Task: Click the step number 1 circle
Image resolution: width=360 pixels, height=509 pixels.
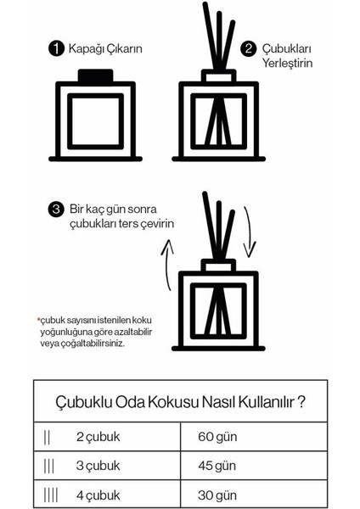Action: point(57,48)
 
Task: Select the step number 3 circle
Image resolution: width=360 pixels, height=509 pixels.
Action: point(57,209)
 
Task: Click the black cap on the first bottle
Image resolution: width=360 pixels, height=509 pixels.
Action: point(95,76)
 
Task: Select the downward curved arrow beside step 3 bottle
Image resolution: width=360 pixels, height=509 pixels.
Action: point(248,232)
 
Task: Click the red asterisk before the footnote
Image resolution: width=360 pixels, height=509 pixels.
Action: point(38,320)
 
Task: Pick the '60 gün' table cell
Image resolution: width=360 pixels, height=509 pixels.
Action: point(218,438)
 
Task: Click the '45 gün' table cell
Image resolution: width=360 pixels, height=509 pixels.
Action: point(218,466)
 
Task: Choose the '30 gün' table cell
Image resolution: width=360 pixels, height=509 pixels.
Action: point(218,493)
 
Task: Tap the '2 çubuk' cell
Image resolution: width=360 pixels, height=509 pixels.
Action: point(100,438)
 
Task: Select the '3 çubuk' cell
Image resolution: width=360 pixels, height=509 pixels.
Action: point(100,466)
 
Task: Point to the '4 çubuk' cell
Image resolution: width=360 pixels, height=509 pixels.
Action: point(100,493)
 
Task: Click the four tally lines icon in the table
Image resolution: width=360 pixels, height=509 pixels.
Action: point(51,493)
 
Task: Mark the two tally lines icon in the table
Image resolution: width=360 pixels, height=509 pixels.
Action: point(48,438)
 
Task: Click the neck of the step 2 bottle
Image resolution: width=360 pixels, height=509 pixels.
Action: point(218,77)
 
